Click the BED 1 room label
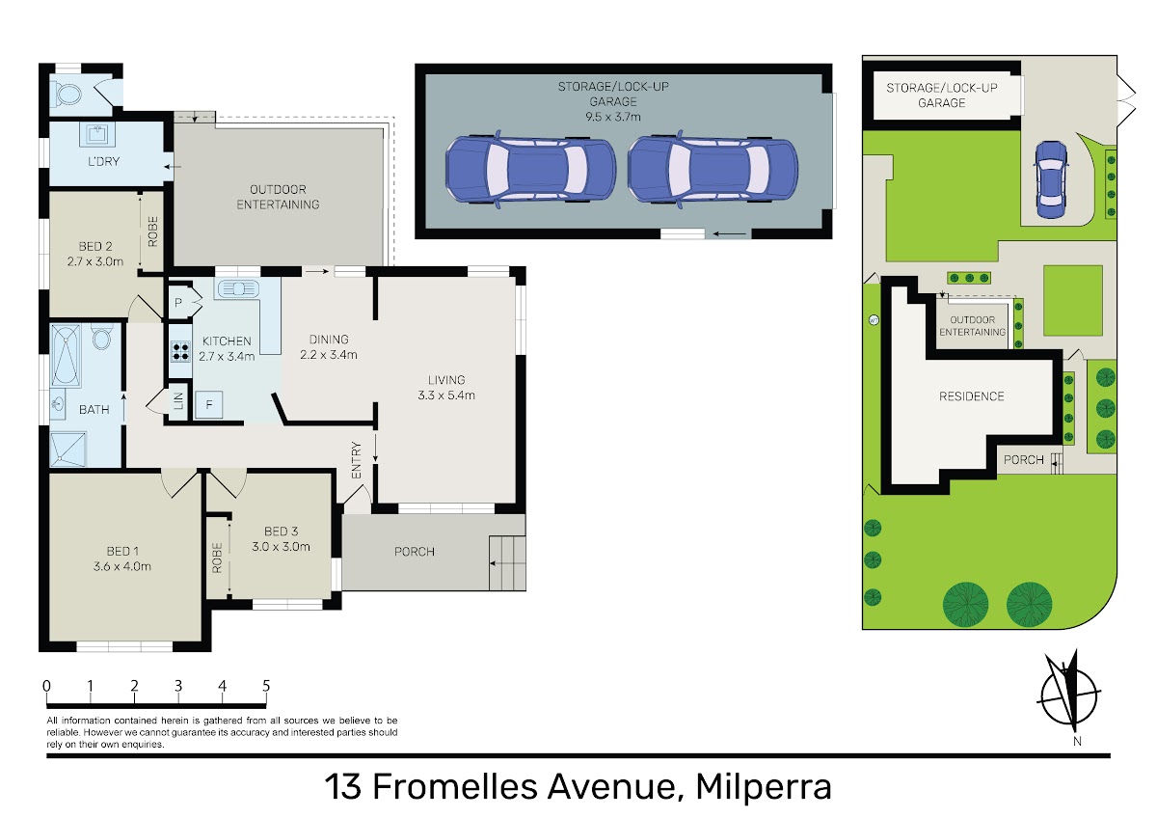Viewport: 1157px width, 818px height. click(x=121, y=559)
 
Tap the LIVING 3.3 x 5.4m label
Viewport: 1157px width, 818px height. click(x=446, y=388)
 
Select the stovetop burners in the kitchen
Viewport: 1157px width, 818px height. click(x=180, y=352)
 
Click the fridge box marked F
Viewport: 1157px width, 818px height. click(x=208, y=404)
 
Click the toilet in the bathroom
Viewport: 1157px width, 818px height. click(x=103, y=337)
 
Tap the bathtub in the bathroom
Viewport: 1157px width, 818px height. click(x=66, y=356)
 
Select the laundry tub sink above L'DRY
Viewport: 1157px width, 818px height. click(x=97, y=134)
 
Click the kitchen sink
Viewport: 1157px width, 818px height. click(x=238, y=288)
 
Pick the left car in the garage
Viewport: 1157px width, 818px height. click(x=530, y=169)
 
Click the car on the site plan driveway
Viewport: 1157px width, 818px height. click(x=1051, y=179)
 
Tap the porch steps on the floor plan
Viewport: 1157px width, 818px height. click(x=507, y=563)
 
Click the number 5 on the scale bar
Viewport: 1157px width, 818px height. click(x=266, y=686)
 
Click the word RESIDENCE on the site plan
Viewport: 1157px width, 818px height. click(x=972, y=396)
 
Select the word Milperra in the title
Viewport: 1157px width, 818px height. click(x=764, y=786)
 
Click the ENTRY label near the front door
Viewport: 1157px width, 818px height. click(x=357, y=460)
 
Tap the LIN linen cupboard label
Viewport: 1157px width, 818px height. click(x=178, y=400)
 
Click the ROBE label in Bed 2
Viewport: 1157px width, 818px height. click(x=153, y=231)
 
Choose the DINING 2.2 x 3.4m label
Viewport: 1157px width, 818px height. click(x=329, y=346)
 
